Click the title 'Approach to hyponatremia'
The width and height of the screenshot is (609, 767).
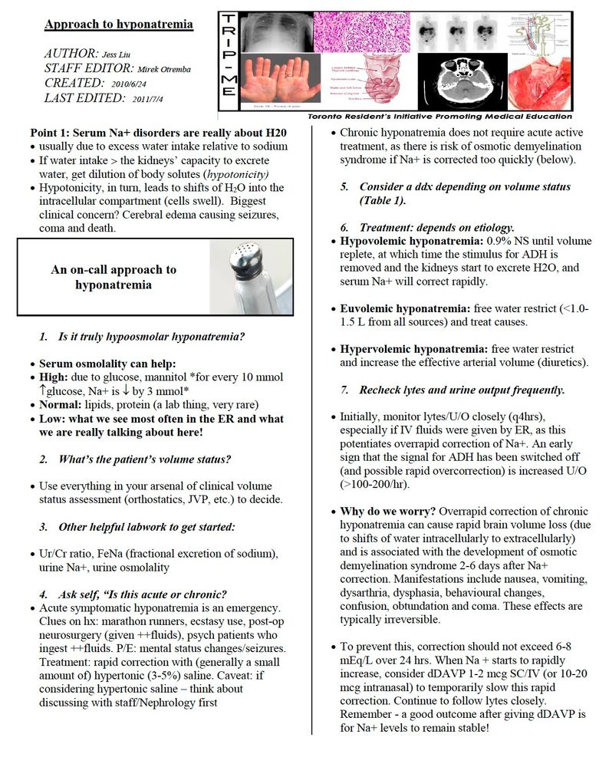pyautogui.click(x=118, y=25)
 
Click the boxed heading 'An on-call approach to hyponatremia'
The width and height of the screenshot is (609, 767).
pyautogui.click(x=114, y=277)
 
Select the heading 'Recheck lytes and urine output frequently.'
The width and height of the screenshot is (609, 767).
pyautogui.click(x=462, y=390)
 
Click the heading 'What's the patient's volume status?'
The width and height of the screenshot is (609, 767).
pyautogui.click(x=145, y=459)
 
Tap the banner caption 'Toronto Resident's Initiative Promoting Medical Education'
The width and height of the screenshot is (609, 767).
pyautogui.click(x=439, y=117)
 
